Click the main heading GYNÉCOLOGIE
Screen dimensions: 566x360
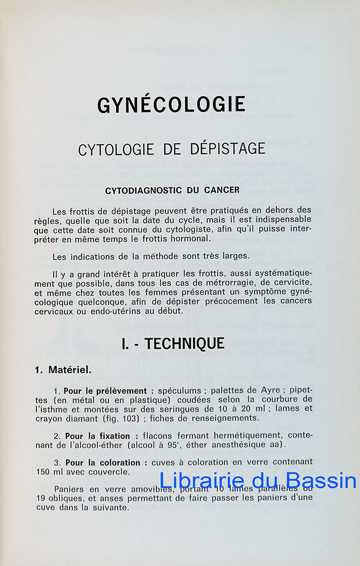(171, 105)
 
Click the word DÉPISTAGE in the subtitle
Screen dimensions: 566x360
(225, 149)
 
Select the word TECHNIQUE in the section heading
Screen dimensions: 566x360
(185, 343)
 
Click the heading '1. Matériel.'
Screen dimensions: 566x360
(63, 370)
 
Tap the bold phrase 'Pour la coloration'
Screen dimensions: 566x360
(105, 462)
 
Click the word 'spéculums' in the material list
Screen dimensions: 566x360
(181, 391)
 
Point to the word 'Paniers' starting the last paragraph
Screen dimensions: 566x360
(70, 490)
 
